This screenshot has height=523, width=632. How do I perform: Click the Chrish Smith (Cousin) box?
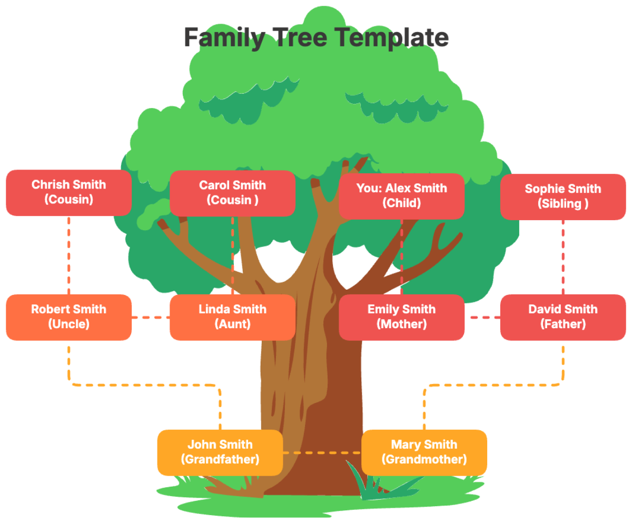click(x=68, y=192)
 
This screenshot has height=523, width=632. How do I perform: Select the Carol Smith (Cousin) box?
click(x=232, y=193)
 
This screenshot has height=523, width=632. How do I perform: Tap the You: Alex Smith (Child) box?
click(x=401, y=196)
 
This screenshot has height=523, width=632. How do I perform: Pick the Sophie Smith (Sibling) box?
click(x=562, y=196)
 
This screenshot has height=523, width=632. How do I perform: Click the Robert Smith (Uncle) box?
click(x=68, y=317)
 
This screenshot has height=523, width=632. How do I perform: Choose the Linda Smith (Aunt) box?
click(x=232, y=317)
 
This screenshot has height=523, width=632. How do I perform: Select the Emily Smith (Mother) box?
click(x=401, y=317)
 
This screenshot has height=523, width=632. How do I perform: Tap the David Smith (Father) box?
click(x=562, y=317)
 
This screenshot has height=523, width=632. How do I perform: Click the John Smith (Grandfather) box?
click(x=220, y=452)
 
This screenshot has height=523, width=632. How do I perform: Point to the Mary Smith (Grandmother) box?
click(x=424, y=452)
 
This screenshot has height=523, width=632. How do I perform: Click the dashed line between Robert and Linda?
click(x=150, y=317)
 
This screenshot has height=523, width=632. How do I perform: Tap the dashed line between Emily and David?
click(x=482, y=317)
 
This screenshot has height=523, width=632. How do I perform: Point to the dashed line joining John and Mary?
click(x=322, y=452)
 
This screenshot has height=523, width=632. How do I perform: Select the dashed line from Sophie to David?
click(x=562, y=256)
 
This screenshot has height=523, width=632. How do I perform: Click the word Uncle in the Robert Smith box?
click(x=68, y=324)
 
